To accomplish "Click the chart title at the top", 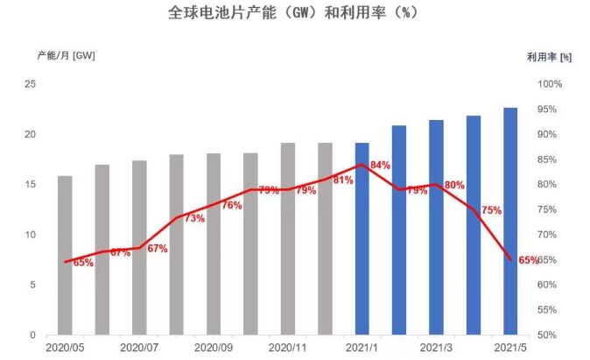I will (x=293, y=15).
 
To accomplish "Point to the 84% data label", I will (x=380, y=165).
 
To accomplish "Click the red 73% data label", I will (x=194, y=218).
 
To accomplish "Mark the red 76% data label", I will (x=231, y=205).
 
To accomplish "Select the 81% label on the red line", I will (x=342, y=180).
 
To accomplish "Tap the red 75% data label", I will (x=491, y=210).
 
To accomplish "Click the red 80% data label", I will (x=454, y=185).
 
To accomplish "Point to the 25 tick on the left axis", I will (x=31, y=84).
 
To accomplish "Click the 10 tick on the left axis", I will (x=31, y=235).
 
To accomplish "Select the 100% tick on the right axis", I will (x=549, y=84).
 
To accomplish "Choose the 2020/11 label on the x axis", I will (x=288, y=348).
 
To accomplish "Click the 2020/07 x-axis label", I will (x=139, y=348).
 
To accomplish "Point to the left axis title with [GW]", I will (x=66, y=55).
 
